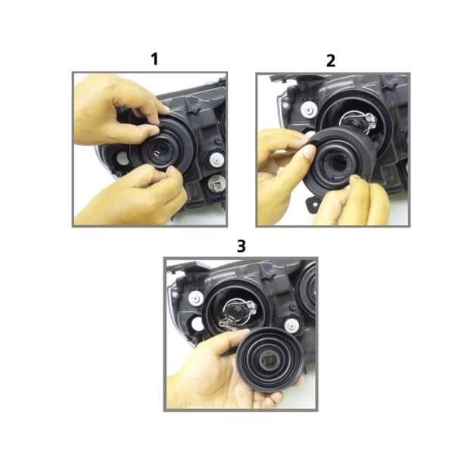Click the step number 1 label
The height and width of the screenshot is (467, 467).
154,59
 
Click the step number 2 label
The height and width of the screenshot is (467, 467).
331,61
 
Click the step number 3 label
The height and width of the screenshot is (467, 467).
241,246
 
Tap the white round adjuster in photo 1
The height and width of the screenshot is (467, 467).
216,159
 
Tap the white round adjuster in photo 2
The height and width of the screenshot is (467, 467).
309,110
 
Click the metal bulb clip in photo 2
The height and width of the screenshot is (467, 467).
360,121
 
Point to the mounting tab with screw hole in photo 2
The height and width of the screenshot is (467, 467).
313,203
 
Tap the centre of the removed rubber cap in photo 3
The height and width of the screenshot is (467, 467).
270,360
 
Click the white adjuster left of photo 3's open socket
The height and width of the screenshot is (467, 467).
195,297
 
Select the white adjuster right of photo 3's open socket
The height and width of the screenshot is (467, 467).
291,325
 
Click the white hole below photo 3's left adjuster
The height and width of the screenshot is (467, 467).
197,324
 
